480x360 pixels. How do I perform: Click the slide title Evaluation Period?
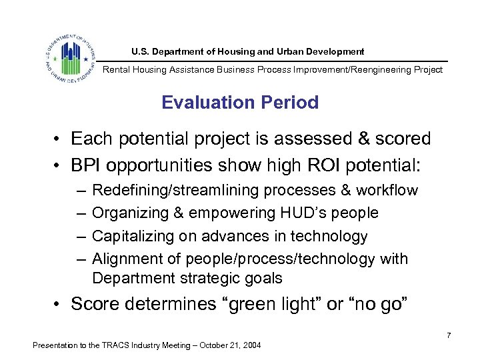240,103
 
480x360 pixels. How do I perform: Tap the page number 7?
449,335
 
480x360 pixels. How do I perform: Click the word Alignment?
125,259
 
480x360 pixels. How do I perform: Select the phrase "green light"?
263,305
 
